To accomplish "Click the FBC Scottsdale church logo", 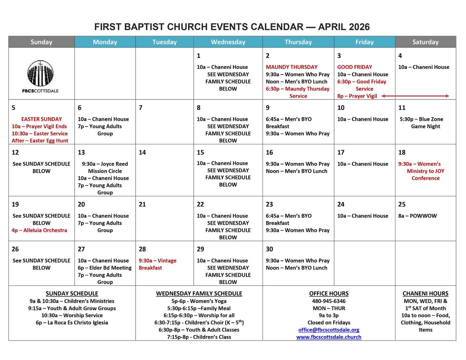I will click(41, 76).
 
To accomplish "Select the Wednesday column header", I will click(228, 42).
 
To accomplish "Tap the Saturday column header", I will click(425, 42).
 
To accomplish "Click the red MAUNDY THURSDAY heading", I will click(292, 67).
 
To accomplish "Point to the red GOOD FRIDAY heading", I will click(354, 67).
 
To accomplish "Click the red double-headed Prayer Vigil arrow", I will click(415, 96).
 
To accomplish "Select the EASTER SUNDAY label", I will click(42, 119).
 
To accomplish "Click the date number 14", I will click(142, 152).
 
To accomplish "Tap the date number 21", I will click(142, 204).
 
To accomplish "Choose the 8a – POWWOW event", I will click(417, 216).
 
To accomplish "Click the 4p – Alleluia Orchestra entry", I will click(39, 230).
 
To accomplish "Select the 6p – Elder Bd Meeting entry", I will click(105, 268).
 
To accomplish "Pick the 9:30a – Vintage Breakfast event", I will click(157, 264).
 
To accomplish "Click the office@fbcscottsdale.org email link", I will click(329, 330).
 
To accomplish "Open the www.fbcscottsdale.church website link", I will click(329, 337).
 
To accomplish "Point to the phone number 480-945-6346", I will click(329, 301).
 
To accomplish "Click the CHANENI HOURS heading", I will click(425, 293).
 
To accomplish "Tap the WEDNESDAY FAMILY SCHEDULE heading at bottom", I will click(199, 293).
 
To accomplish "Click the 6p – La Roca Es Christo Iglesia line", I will click(72, 322).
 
